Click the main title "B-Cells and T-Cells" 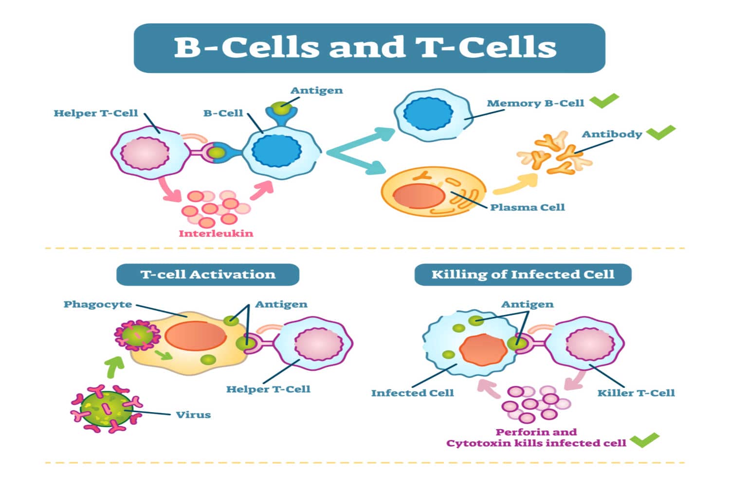[365, 48]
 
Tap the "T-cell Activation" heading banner [208, 275]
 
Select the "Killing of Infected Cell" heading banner [523, 275]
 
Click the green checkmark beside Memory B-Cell [604, 101]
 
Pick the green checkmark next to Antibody [660, 132]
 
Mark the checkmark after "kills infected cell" [644, 440]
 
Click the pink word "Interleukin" [216, 233]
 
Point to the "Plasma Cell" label [527, 208]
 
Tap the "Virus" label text [193, 415]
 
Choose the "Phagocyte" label [98, 304]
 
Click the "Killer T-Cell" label [636, 393]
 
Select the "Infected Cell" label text [412, 393]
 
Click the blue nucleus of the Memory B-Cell [428, 115]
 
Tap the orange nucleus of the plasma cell [419, 196]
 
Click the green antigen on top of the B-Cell [280, 108]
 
